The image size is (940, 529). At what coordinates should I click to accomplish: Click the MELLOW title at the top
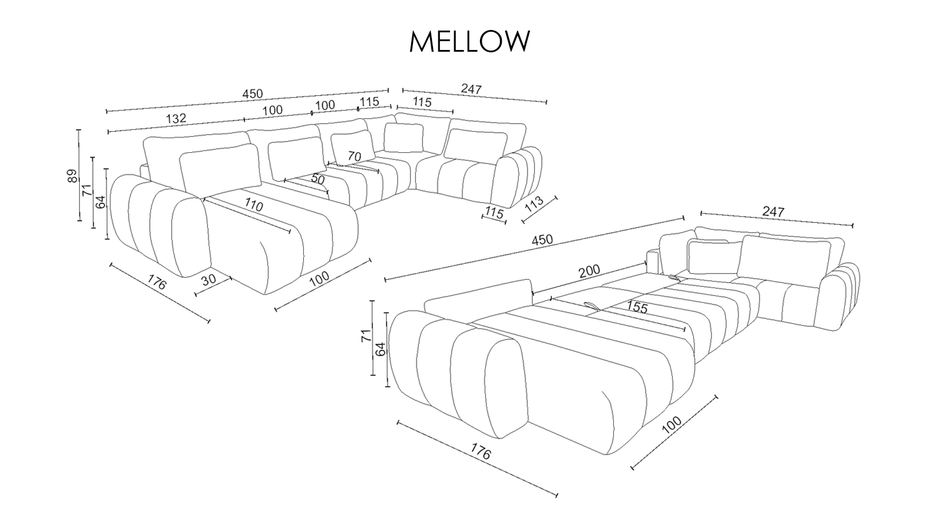(x=469, y=41)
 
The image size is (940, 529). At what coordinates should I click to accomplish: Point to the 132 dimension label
(x=176, y=118)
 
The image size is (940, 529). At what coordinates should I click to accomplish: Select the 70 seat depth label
(x=354, y=156)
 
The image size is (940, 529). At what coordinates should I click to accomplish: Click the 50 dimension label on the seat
(x=318, y=179)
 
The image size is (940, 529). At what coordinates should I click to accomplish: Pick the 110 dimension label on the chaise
(x=253, y=206)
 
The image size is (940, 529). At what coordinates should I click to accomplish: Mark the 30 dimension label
(x=209, y=280)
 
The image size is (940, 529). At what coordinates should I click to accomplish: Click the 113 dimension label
(x=533, y=205)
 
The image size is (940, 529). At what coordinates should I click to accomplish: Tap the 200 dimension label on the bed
(x=589, y=270)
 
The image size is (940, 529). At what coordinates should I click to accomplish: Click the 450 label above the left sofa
(x=253, y=94)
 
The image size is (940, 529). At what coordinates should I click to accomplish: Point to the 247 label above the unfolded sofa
(x=773, y=212)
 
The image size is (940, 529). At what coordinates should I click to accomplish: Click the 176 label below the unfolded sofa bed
(x=481, y=452)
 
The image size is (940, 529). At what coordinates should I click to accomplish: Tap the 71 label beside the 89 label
(x=87, y=190)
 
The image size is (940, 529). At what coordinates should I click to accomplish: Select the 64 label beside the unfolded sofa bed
(x=380, y=349)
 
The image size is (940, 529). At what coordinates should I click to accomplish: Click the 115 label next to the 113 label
(x=494, y=213)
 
